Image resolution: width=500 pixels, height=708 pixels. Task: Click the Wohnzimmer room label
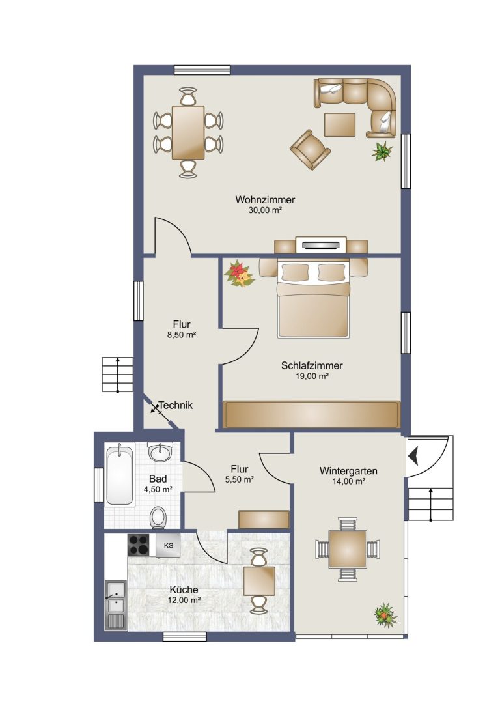tap(265, 199)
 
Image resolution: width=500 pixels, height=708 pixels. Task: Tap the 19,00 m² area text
tap(312, 376)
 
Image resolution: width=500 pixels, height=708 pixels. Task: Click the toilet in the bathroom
tap(158, 517)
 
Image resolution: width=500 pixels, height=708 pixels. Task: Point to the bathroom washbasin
tap(160, 452)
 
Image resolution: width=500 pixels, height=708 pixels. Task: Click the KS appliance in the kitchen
tap(168, 545)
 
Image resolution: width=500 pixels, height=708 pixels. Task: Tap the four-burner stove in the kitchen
tap(139, 545)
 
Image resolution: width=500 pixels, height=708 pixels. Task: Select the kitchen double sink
tap(115, 605)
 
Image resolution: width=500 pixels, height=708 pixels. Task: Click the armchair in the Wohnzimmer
tap(309, 149)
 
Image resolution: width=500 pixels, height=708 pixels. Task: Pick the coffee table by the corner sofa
tap(340, 124)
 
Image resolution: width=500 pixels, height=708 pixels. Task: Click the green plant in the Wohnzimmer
tap(382, 151)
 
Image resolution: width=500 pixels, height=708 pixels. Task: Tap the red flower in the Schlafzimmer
tap(239, 274)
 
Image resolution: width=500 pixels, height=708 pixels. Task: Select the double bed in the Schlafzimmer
tap(314, 298)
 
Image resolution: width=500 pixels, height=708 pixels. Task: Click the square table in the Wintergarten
tap(348, 549)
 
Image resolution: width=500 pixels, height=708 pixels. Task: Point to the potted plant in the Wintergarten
tap(385, 615)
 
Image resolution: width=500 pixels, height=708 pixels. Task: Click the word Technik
tap(176, 406)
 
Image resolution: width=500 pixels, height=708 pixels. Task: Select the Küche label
tap(184, 589)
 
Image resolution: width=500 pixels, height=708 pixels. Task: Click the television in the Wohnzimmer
tap(321, 245)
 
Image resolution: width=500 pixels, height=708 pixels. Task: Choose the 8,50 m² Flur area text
tap(182, 335)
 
